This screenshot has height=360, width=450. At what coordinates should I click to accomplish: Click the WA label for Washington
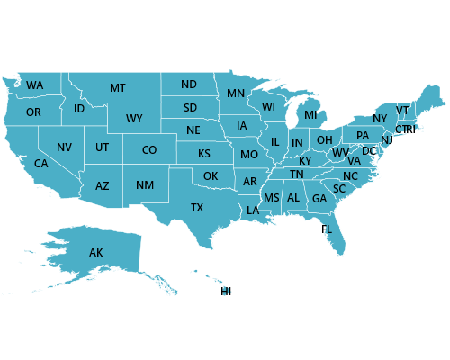click(34, 85)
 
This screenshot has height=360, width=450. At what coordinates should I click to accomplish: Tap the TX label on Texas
click(196, 208)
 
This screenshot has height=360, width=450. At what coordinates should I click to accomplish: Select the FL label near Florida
click(327, 229)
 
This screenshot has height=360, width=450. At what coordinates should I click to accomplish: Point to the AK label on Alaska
click(96, 253)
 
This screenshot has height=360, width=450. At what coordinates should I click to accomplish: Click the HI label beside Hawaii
click(226, 292)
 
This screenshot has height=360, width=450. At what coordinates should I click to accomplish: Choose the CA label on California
click(41, 164)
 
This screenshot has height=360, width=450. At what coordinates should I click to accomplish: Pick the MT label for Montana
click(118, 88)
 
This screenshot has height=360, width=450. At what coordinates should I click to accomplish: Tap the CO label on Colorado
click(149, 150)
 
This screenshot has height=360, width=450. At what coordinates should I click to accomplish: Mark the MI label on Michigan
click(310, 115)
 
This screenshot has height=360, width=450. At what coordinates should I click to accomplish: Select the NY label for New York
click(380, 119)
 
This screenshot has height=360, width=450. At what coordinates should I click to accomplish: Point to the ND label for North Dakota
click(189, 85)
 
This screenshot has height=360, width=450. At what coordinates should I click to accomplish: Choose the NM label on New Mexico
click(144, 185)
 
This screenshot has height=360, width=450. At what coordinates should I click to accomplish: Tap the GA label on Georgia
click(319, 199)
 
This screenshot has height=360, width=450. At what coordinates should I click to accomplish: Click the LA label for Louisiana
click(253, 211)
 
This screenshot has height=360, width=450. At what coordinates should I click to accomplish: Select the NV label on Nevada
click(64, 148)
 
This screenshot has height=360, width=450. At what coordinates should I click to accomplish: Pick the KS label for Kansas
click(204, 153)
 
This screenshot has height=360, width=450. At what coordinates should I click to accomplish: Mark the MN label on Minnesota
click(236, 94)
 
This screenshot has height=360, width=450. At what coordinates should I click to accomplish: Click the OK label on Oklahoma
click(211, 176)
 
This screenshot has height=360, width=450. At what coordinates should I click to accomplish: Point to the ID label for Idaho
click(79, 109)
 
